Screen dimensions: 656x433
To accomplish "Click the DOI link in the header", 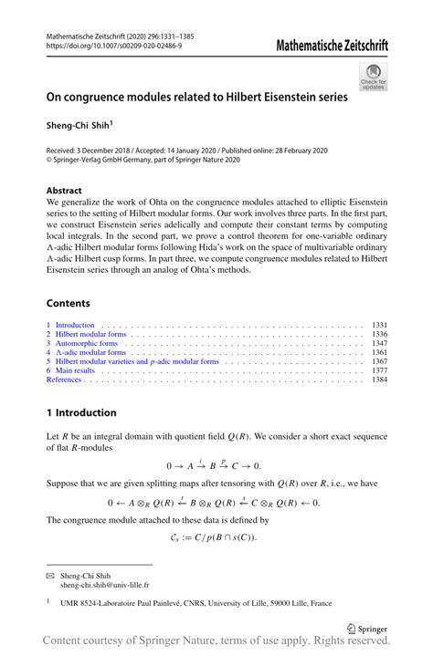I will click(x=111, y=46).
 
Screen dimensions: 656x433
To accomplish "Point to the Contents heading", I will click(x=69, y=303).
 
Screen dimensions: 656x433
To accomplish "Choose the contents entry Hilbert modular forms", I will click(x=90, y=334).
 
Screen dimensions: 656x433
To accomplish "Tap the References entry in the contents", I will click(x=65, y=380).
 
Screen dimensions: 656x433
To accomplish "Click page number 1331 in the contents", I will click(x=380, y=325).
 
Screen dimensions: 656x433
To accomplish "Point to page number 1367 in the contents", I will click(x=380, y=361).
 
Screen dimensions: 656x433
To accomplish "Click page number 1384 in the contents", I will click(x=380, y=380).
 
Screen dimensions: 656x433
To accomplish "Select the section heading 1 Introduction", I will click(x=81, y=412).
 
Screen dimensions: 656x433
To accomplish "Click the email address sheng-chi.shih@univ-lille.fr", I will click(x=104, y=585).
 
